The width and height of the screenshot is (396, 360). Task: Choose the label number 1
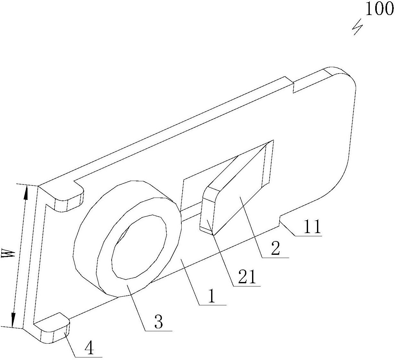point(212,297)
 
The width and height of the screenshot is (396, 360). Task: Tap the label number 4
point(90,348)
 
